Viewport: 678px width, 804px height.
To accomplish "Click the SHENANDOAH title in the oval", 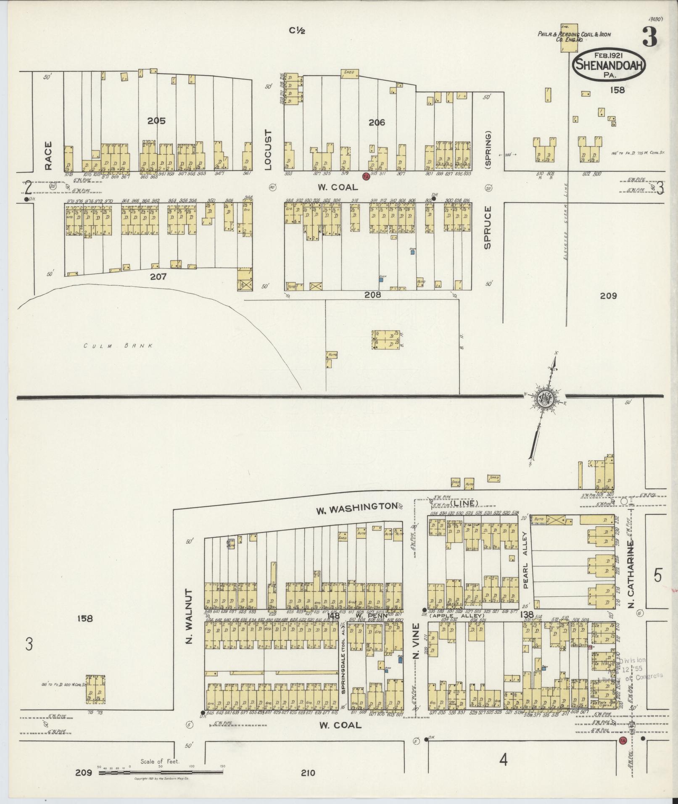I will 608,65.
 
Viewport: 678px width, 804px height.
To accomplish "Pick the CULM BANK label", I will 117,346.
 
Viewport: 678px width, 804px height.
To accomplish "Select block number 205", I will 156,121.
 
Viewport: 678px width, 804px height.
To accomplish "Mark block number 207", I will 158,277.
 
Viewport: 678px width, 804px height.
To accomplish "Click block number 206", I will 377,122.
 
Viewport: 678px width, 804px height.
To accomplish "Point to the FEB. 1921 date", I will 608,55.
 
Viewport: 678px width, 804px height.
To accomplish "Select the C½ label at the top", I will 297,30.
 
